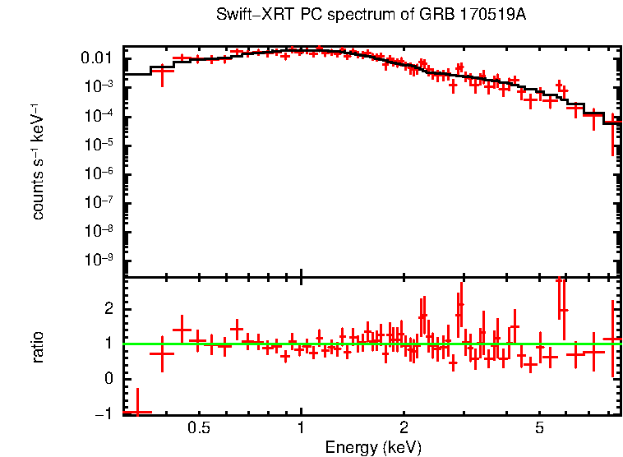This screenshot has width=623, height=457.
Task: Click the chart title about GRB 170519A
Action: tap(371, 16)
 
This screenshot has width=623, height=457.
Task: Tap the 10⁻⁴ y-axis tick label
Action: tap(100, 116)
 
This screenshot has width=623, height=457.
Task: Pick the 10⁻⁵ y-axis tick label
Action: tap(100, 145)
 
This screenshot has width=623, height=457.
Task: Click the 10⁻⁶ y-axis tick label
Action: tap(100, 173)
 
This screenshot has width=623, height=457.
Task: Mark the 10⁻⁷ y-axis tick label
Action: tap(100, 202)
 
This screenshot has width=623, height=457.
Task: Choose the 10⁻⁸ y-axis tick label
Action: tap(100, 231)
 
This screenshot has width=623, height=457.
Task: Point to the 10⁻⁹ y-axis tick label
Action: tap(100, 260)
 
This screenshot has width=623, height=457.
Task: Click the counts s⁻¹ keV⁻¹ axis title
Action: tap(38, 161)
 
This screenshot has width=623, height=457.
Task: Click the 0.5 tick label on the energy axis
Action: tap(199, 429)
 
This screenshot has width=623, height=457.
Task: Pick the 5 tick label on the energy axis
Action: tap(539, 429)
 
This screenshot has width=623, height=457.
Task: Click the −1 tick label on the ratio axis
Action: tap(105, 414)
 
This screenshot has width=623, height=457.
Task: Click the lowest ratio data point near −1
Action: tap(137, 412)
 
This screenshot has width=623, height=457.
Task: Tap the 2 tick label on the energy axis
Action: tap(404, 429)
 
